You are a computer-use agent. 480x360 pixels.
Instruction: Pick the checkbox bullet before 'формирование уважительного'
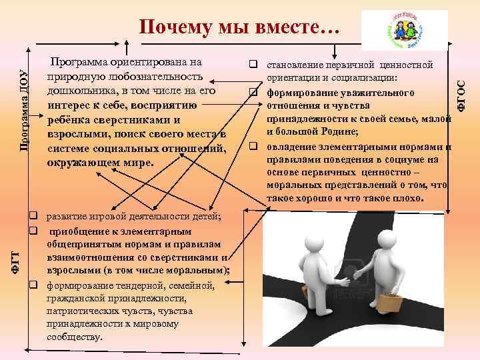point(254,91)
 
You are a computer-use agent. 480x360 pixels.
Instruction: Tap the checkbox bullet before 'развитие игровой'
point(32,217)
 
